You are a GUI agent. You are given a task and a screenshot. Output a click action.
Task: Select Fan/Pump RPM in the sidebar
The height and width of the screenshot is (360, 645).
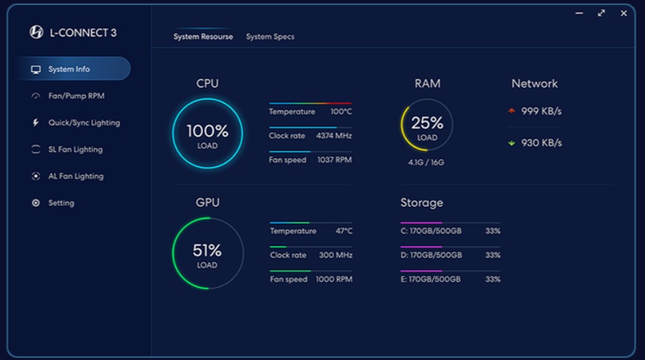(x=76, y=96)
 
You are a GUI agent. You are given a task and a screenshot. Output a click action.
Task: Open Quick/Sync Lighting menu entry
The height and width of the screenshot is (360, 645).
(x=84, y=123)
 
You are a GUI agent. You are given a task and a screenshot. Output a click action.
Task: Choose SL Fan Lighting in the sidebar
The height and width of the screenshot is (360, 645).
(x=75, y=149)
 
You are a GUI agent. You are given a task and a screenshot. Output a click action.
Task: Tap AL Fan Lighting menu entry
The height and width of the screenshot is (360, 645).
(x=75, y=176)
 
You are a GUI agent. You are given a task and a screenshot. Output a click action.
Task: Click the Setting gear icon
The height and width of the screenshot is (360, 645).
(x=36, y=203)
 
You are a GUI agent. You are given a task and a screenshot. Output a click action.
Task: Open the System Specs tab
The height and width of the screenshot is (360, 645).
(x=270, y=37)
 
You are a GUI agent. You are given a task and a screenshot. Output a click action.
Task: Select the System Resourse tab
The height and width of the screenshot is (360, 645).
(x=203, y=37)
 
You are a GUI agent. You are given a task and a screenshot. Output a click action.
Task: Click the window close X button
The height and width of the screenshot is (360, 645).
(x=623, y=13)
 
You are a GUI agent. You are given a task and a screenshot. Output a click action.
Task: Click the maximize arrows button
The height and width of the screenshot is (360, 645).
(x=601, y=13)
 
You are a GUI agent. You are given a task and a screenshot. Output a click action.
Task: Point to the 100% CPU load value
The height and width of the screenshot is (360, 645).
(x=207, y=130)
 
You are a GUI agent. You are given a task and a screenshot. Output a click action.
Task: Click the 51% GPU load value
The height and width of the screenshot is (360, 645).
(x=207, y=250)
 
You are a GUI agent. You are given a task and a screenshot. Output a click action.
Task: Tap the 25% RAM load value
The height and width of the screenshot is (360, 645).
(x=427, y=123)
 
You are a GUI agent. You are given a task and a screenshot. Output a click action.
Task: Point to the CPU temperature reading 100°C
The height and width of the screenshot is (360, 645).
(x=341, y=112)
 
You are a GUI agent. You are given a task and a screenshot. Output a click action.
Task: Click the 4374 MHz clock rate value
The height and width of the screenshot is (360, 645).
(x=334, y=136)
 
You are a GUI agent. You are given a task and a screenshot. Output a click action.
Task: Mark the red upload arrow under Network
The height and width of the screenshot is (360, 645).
(x=511, y=111)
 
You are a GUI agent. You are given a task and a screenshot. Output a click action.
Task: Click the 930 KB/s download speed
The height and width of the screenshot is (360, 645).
(x=541, y=143)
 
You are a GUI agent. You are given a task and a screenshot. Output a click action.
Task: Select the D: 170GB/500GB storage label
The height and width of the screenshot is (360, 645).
(x=431, y=255)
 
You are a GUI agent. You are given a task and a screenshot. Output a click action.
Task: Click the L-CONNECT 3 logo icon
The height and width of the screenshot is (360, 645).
(x=37, y=32)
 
